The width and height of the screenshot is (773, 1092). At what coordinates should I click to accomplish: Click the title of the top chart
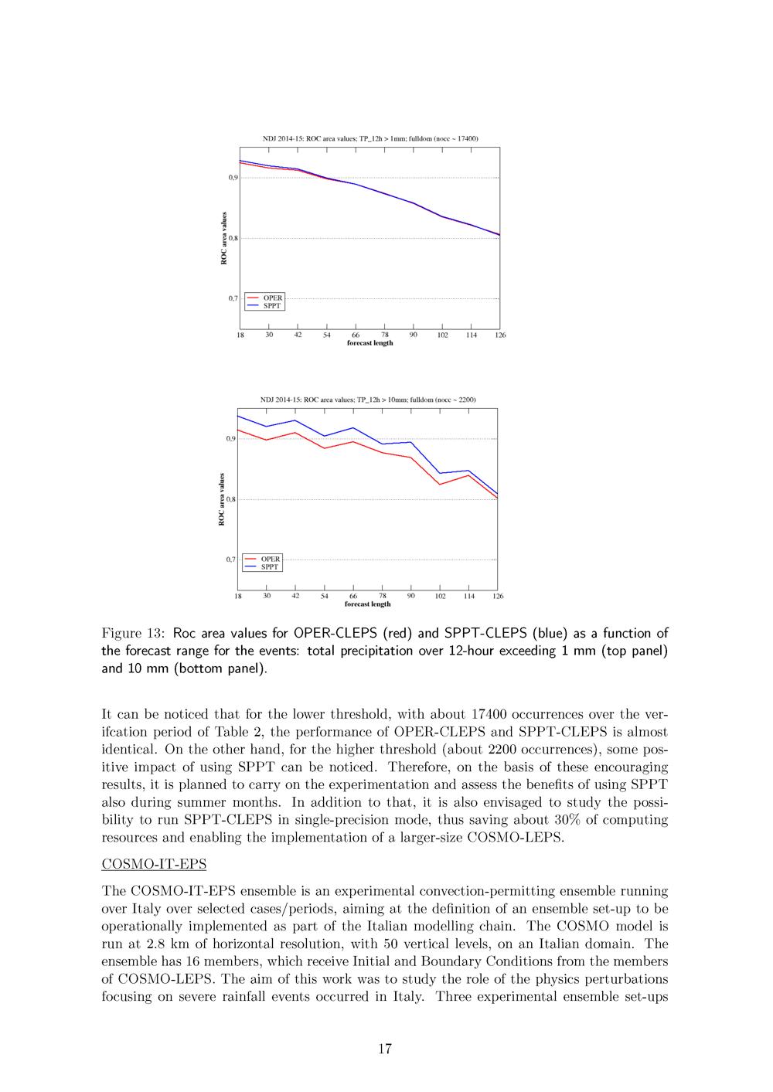[x=370, y=138]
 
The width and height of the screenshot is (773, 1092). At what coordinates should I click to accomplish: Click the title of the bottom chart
[x=368, y=400]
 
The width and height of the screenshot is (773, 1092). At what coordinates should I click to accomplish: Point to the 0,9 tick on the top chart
[x=233, y=178]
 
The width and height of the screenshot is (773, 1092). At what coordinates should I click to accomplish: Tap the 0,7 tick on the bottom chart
[x=230, y=560]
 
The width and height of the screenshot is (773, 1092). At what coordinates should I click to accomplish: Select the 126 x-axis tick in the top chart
[x=500, y=335]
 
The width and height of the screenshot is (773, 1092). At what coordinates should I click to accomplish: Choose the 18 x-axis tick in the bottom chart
[x=238, y=596]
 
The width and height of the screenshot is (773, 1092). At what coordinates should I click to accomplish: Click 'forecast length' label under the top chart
[x=369, y=343]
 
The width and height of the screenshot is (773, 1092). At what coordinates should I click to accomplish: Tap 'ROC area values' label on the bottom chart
[x=222, y=499]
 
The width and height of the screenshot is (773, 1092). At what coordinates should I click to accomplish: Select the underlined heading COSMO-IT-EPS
[x=154, y=864]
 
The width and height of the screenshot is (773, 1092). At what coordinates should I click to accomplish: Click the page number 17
[x=385, y=1049]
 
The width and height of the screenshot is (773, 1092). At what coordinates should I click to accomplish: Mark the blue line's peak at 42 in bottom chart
[x=295, y=420]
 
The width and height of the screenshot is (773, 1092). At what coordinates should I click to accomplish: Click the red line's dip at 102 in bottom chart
[x=440, y=485]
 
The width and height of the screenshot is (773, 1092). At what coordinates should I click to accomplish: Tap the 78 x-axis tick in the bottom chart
[x=383, y=596]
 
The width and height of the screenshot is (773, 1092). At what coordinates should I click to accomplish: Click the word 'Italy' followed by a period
[x=407, y=996]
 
